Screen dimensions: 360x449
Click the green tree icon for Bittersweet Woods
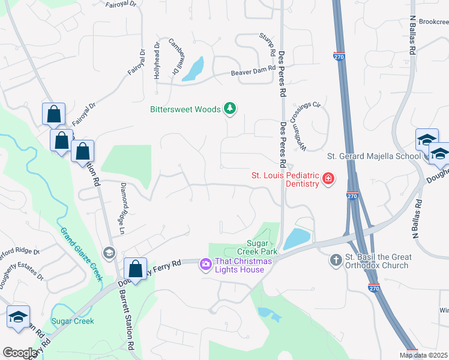click(x=229, y=109)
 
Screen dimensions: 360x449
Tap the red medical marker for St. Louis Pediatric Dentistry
click(x=328, y=178)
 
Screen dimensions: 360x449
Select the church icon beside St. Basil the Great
click(x=337, y=260)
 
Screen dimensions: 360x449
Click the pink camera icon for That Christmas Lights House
click(x=206, y=264)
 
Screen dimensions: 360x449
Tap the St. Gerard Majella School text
click(x=373, y=157)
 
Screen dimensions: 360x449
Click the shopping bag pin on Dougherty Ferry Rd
click(x=135, y=269)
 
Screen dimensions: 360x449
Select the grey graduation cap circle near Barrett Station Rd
click(x=109, y=252)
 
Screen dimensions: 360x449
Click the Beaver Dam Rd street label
click(x=253, y=71)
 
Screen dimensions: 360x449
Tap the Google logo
click(x=20, y=353)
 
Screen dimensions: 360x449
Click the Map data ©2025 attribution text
click(x=423, y=355)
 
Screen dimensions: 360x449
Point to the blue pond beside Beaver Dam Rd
click(x=193, y=70)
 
